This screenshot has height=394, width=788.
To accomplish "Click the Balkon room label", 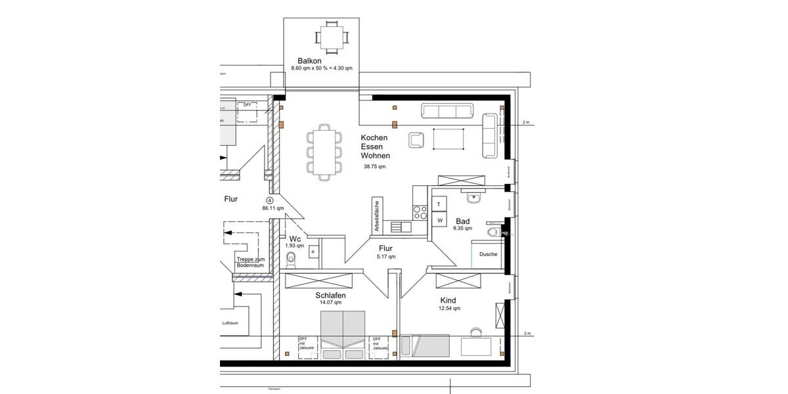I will click(x=309, y=60).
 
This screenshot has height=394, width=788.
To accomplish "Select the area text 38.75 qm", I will click(x=375, y=167).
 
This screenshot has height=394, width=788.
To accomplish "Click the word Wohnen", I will click(x=375, y=156).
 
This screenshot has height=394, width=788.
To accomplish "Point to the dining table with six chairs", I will click(x=324, y=152).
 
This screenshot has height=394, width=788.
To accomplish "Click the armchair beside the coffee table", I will click(x=416, y=139).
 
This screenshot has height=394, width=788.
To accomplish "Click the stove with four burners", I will click(x=420, y=211).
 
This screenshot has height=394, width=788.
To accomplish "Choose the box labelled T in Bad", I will click(x=439, y=204).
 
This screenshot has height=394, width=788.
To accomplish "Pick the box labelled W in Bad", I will click(x=439, y=220).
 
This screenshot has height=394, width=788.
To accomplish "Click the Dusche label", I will click(x=488, y=255).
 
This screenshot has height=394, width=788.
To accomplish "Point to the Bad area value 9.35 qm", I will click(x=462, y=229).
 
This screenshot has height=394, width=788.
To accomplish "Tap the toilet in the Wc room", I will click(x=292, y=260).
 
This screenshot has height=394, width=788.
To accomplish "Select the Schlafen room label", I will click(x=330, y=295).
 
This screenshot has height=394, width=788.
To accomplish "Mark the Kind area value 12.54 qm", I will click(x=450, y=308).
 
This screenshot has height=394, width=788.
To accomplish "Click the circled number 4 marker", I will click(x=269, y=200).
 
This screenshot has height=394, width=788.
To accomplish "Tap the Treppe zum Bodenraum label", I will click(x=250, y=262).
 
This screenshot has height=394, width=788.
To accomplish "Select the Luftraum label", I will click(x=230, y=324).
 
